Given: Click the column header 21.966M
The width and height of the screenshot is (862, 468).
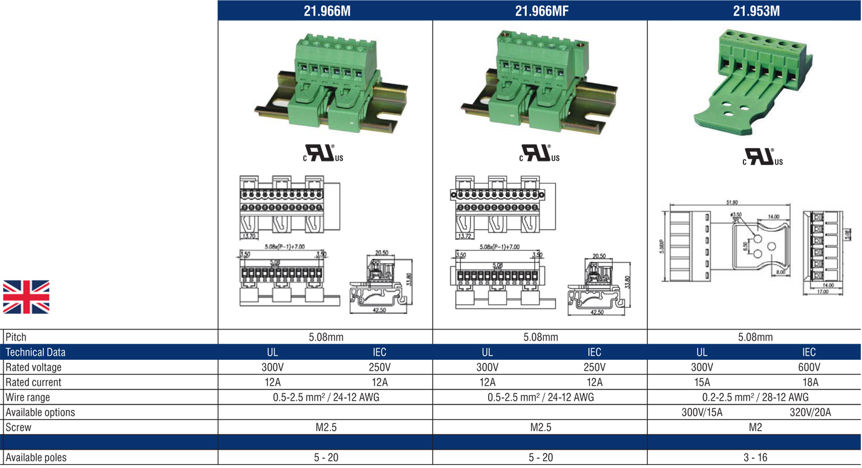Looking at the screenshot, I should (326, 10).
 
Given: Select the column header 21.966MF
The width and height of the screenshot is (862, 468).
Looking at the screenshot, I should (541, 10).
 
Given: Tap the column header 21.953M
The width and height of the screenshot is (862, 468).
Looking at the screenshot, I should (756, 10).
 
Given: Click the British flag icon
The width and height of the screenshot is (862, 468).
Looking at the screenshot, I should (26, 297).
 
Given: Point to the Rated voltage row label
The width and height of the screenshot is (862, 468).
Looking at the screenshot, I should (33, 367).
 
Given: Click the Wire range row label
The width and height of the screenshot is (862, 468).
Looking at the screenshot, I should (28, 397).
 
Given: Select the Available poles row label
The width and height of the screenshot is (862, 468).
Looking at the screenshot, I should (36, 458).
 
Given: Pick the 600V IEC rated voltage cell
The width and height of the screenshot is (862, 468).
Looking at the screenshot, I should (809, 367).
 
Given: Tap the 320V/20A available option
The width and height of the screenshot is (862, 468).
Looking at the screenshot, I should (810, 412).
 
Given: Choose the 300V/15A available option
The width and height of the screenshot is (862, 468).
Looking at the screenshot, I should (702, 412).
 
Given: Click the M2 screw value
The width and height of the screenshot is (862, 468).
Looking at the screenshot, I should (755, 427).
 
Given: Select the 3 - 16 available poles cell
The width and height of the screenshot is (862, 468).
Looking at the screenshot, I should (755, 458).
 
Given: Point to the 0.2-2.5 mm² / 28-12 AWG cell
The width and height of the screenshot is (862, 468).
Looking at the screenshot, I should (755, 397).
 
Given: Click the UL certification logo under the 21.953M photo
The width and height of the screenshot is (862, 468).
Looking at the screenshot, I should (762, 157).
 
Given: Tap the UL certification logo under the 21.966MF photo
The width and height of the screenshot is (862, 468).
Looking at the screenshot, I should (540, 154).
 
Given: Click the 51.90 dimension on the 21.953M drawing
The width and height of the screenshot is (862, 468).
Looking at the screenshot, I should (731, 203).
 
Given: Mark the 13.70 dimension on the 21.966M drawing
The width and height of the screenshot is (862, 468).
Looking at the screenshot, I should (249, 236).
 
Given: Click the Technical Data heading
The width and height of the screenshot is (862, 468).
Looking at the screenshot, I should (36, 352).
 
